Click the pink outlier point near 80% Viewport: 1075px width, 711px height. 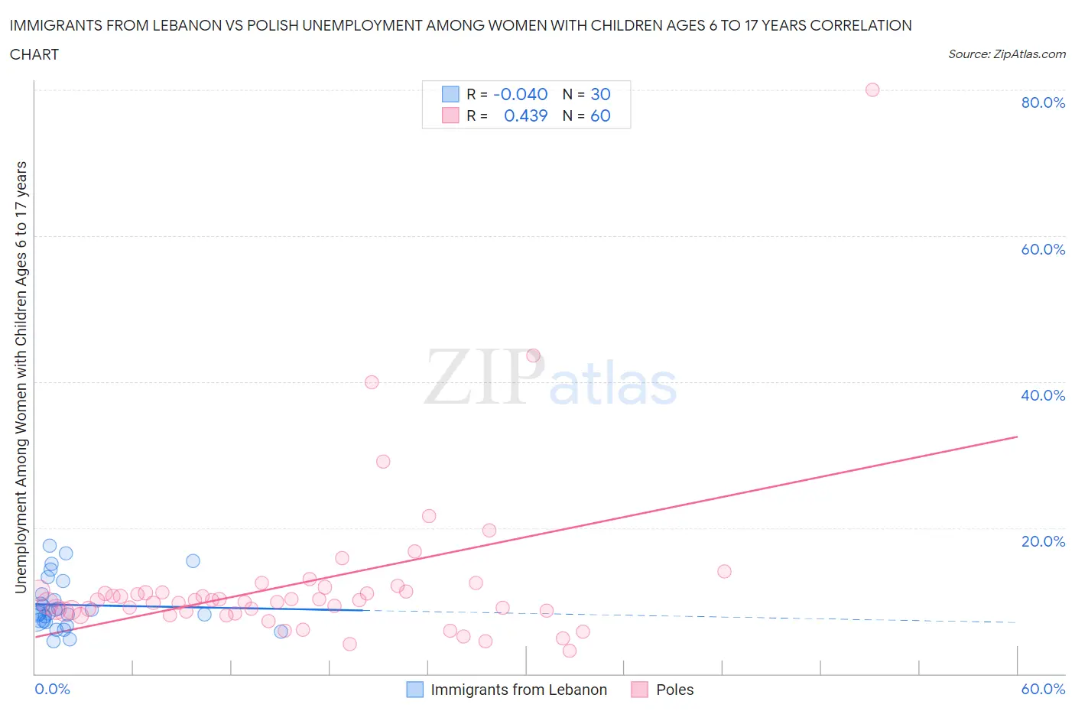[x=872, y=89]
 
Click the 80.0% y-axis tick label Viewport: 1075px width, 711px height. [x=1043, y=102]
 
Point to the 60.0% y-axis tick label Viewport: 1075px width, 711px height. [x=1043, y=249]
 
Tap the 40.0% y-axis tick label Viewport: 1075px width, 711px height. [x=1043, y=395]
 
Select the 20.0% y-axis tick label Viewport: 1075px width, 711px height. [x=1043, y=541]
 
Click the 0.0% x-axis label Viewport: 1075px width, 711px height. [x=52, y=689]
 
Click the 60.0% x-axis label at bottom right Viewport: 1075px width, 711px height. [x=1043, y=689]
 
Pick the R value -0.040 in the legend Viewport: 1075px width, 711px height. [x=520, y=94]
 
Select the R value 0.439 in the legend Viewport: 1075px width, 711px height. [x=525, y=115]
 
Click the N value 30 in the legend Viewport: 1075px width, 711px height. [x=600, y=94]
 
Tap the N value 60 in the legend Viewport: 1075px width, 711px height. [x=600, y=115]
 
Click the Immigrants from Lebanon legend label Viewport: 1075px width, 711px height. [x=518, y=690]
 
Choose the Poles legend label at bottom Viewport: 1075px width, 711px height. [x=674, y=690]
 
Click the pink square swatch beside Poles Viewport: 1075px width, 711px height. [x=640, y=690]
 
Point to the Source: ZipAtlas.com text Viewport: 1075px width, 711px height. [x=1006, y=54]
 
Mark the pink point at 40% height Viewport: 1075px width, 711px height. [x=372, y=382]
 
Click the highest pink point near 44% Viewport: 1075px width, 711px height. [x=533, y=355]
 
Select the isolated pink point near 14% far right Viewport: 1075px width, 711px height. [x=724, y=571]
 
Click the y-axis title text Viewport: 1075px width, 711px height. [x=21, y=377]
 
